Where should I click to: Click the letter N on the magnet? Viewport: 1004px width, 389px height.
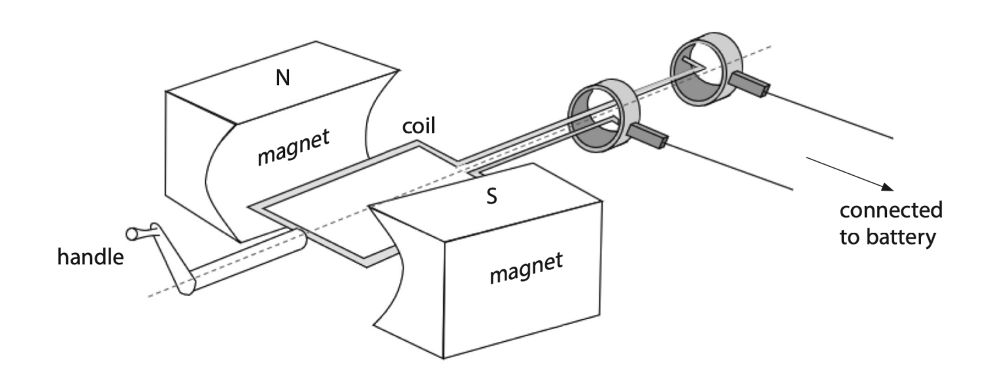coord(282,78)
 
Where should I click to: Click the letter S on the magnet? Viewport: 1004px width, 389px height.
coord(491,197)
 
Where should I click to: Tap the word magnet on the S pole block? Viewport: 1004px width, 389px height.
coord(526,269)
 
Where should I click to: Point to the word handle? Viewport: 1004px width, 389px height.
coord(90,257)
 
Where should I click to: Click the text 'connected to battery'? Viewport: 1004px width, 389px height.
coord(890,224)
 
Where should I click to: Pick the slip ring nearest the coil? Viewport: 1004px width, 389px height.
coord(597,110)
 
